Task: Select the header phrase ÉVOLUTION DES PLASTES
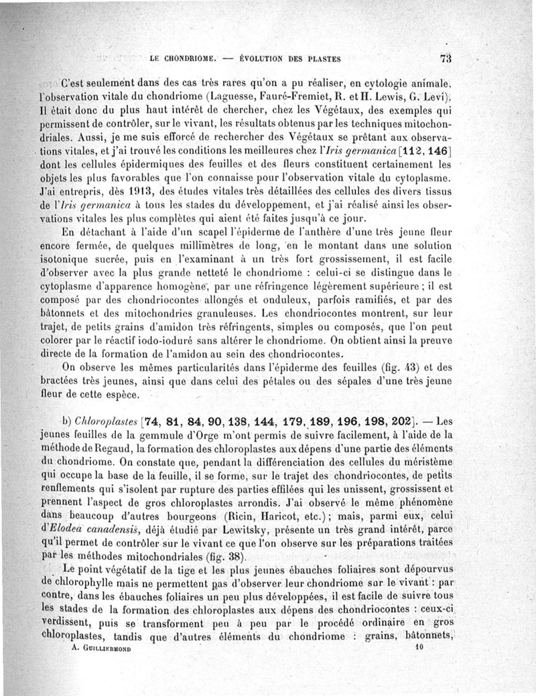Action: (x=291, y=59)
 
